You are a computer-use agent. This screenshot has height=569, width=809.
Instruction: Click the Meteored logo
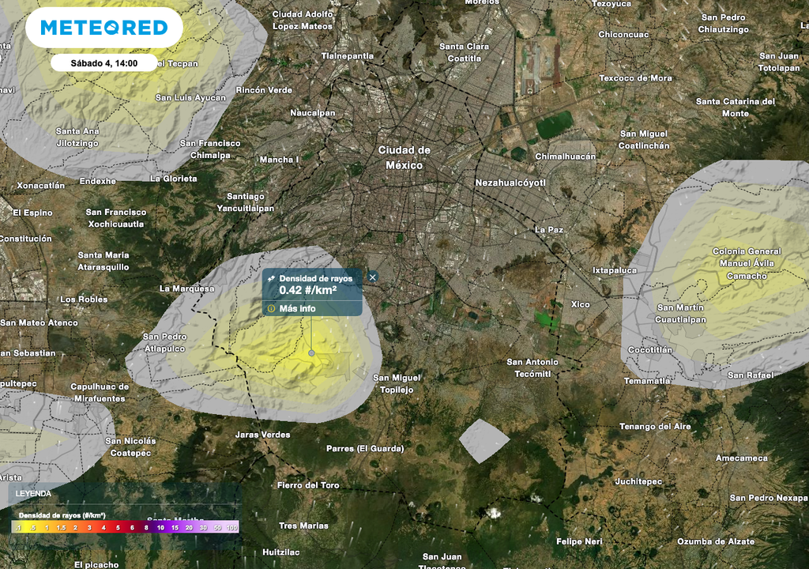(x=103, y=28)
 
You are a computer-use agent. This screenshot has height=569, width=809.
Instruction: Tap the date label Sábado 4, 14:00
(x=104, y=63)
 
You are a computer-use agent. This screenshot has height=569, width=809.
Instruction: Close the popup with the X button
(x=373, y=277)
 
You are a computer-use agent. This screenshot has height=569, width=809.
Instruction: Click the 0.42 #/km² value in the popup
(x=308, y=291)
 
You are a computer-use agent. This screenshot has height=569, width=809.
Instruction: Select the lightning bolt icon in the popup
(x=271, y=279)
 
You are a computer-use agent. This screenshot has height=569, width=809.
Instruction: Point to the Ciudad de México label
(x=404, y=157)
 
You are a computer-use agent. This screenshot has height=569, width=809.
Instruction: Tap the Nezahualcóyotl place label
(x=510, y=183)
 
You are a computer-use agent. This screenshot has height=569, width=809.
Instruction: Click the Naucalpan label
(x=313, y=113)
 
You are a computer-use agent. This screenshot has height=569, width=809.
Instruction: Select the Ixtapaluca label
(x=615, y=270)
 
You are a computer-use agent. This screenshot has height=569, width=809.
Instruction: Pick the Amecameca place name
(x=741, y=458)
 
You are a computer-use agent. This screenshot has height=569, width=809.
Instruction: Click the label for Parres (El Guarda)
(x=365, y=449)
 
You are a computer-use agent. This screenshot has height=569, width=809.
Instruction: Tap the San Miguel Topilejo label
(x=397, y=383)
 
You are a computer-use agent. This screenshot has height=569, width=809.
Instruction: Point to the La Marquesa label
(x=186, y=288)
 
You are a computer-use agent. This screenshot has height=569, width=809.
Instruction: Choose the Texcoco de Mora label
(x=635, y=78)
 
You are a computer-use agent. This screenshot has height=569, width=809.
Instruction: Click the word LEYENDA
(x=32, y=493)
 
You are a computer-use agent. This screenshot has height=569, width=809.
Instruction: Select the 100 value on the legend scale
(x=232, y=527)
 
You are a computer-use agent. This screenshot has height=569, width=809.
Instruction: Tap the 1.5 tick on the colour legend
(x=60, y=527)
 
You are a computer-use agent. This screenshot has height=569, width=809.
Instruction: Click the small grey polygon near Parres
(x=484, y=439)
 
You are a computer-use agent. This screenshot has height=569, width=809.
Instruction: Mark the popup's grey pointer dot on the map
(x=311, y=353)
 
